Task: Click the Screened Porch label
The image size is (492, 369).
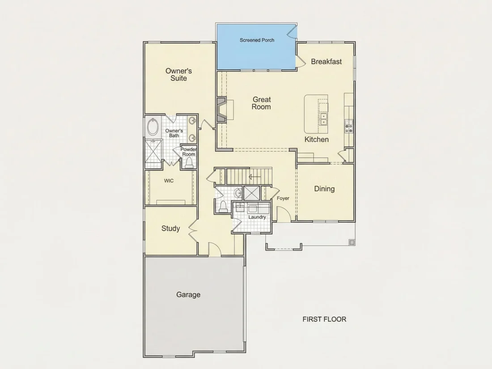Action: (257, 40)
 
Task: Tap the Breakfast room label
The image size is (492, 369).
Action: (327, 62)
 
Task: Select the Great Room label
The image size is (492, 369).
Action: (261, 103)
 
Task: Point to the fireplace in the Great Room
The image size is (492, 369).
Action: (221, 110)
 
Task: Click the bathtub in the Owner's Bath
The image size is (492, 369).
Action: (153, 127)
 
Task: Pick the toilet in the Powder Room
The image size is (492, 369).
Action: (189, 162)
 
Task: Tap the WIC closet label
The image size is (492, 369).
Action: (169, 181)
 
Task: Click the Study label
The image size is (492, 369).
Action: (171, 229)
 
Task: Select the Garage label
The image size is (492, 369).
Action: (188, 295)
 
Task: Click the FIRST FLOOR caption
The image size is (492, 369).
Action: (324, 319)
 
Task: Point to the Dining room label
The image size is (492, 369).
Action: (324, 189)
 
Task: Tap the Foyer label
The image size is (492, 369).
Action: (283, 198)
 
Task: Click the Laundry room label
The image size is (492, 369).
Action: (257, 217)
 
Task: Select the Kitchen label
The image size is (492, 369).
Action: (317, 140)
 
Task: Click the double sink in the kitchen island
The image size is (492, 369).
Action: (323, 119)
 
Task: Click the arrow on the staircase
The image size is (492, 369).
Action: (254, 177)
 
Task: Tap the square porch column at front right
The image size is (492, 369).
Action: (352, 242)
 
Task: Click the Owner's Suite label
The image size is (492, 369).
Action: (178, 75)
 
